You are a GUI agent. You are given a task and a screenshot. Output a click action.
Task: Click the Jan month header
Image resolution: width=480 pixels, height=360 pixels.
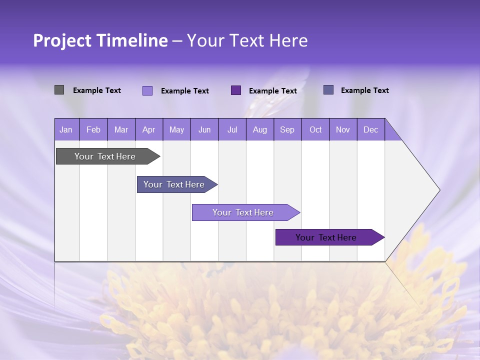(66, 129)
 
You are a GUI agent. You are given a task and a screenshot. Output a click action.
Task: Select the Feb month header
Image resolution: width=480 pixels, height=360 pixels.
(93, 129)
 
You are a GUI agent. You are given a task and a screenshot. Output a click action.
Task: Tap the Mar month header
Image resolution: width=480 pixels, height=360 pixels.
(121, 129)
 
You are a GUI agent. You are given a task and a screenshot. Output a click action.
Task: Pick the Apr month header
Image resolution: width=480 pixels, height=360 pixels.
(149, 129)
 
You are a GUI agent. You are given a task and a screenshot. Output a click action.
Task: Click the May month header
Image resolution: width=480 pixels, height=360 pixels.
(176, 129)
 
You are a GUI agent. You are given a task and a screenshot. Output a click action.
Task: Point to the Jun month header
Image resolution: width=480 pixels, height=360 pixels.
(204, 129)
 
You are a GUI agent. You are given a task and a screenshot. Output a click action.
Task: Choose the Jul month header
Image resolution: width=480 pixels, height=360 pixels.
(232, 129)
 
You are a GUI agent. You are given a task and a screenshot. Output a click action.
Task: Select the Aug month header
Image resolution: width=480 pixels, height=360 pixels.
(260, 129)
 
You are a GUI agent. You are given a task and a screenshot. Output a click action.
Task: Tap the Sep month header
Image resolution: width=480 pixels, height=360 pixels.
(287, 129)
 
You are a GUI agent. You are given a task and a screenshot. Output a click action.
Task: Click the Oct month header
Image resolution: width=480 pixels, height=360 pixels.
(315, 129)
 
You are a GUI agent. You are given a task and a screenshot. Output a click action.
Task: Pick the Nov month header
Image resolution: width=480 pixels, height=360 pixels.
(343, 129)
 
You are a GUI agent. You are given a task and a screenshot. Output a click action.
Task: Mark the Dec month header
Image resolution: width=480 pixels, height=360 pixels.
(371, 129)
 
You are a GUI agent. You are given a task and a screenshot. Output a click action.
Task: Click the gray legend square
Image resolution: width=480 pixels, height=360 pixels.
(59, 90)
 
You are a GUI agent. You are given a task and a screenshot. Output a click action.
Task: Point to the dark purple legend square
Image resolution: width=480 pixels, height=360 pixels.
(236, 90)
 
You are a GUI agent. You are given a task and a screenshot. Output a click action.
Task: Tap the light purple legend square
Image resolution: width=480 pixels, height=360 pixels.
(147, 90)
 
